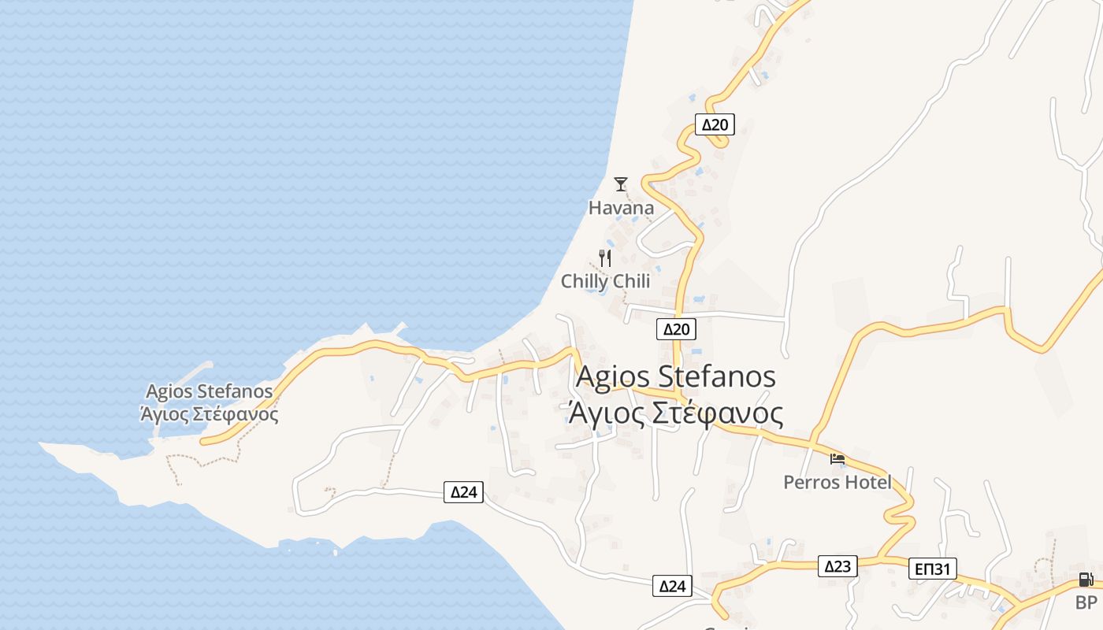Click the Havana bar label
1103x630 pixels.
pos(621,208)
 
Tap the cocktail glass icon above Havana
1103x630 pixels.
pos(621,184)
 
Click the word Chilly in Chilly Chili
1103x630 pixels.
pos(584,281)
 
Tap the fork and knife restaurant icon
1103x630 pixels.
pos(605,258)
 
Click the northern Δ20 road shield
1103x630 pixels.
pos(715,124)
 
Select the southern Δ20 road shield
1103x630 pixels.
pos(676,329)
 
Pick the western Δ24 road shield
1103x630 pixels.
pos(463,492)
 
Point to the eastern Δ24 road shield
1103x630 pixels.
pos(673,586)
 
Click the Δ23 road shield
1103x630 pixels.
pos(837,566)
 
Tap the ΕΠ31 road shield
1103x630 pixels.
pos(933,569)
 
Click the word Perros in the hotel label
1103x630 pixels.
pos(811,482)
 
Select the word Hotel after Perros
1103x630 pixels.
pos(867,482)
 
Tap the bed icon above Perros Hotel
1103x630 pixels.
pos(837,458)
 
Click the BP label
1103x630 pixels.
pos(1086,603)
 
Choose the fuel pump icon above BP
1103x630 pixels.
pos(1086,580)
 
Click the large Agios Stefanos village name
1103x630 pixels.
pos(676,376)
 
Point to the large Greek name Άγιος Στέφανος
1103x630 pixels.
pos(676,413)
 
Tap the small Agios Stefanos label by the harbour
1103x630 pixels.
pos(210,391)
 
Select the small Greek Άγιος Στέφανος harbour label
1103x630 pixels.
pos(210,413)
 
